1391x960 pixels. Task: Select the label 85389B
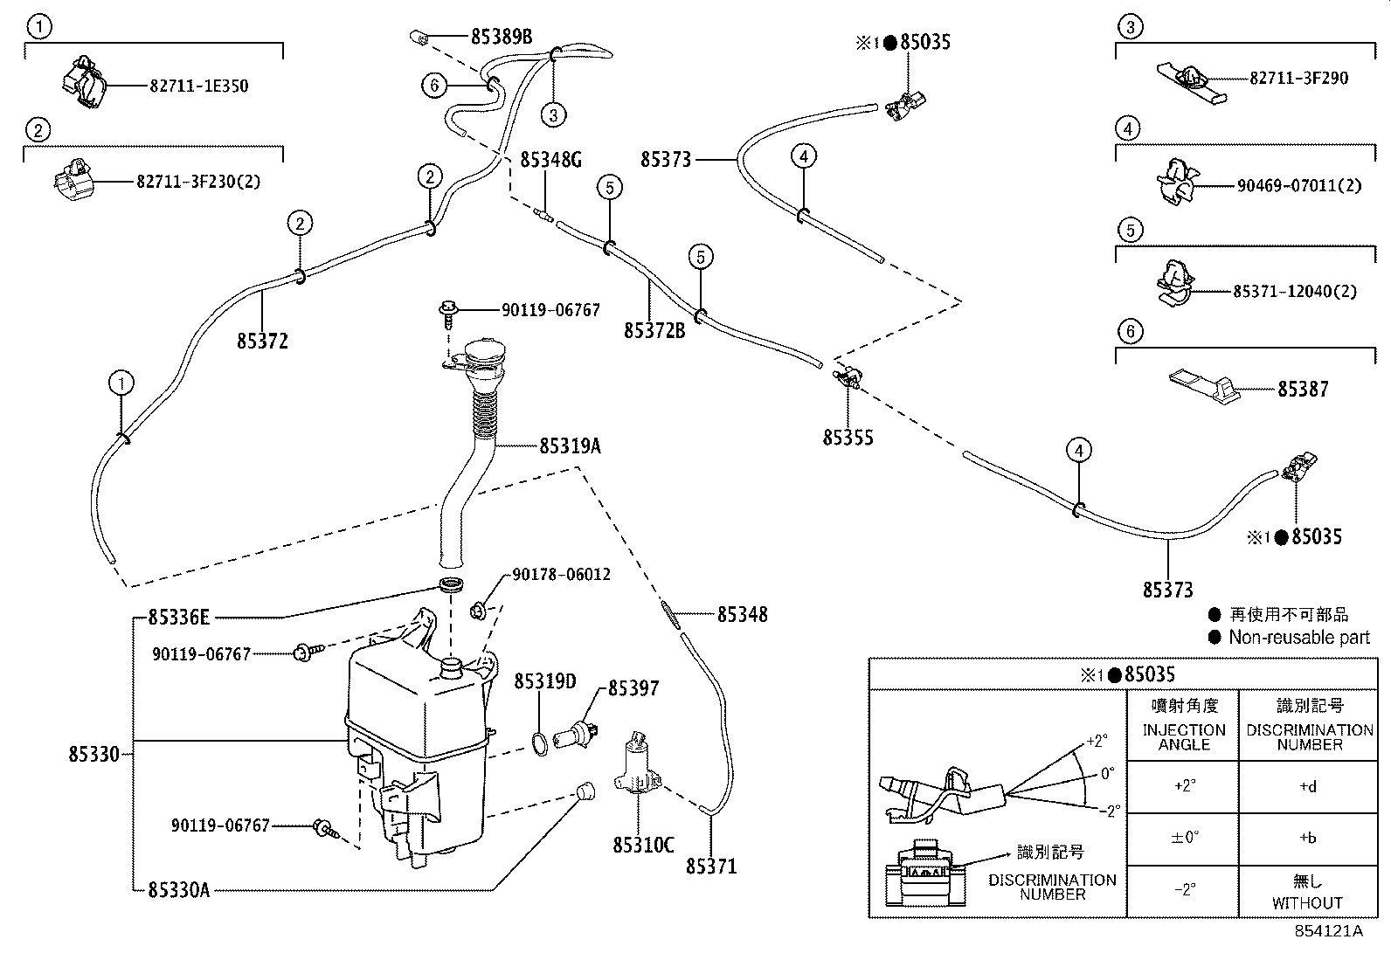(501, 37)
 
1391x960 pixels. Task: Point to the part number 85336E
(178, 618)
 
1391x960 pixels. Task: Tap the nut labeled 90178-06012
(478, 611)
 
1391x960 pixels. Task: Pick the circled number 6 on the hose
(434, 86)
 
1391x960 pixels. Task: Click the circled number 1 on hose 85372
(121, 383)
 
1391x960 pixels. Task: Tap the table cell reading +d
(1307, 786)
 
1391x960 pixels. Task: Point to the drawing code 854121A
(1328, 931)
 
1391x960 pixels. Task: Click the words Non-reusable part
(1298, 638)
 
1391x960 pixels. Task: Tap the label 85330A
(178, 890)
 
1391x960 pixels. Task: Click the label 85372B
(654, 331)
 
